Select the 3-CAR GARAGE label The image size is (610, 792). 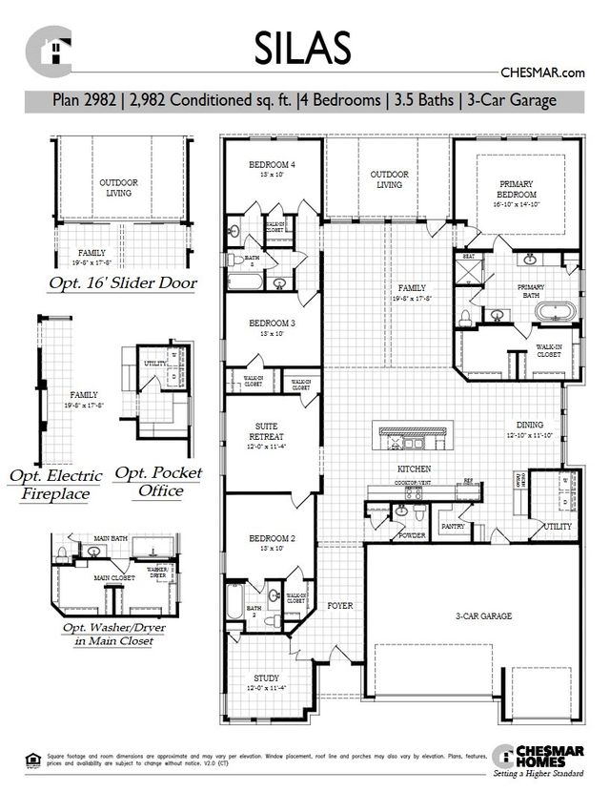[483, 616]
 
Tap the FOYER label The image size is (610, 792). [340, 605]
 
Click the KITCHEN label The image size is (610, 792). [415, 469]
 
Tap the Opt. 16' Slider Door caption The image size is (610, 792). [123, 283]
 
